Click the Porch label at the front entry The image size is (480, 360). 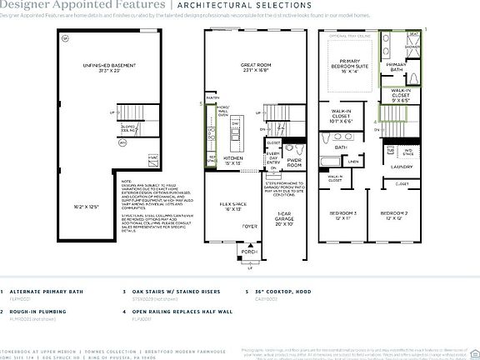[x=250, y=251]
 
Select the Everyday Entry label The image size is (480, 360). [x=272, y=157]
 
